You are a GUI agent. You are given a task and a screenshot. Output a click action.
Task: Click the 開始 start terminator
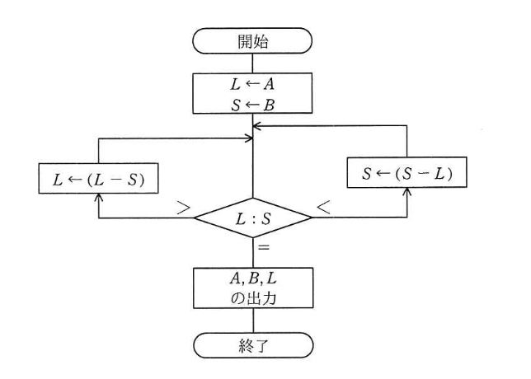coord(252,41)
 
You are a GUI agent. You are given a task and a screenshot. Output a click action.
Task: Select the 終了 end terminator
coord(253,345)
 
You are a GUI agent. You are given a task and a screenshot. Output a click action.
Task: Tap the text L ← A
coord(252,84)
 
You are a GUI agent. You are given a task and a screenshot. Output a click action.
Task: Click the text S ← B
coord(252,105)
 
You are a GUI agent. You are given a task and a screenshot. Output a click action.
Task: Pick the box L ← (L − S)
coord(98,178)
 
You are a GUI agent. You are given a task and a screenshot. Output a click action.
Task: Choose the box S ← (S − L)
coord(406,172)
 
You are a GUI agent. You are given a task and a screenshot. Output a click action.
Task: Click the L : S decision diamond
coord(252,218)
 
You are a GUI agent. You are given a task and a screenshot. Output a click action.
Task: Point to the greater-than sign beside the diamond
coord(183,208)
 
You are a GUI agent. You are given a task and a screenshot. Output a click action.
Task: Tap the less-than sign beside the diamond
coord(323,207)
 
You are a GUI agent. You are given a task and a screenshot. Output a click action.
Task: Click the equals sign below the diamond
coord(264,247)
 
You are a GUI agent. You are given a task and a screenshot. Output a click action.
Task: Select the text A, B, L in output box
coord(253,278)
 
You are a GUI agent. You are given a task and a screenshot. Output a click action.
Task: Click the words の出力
coord(253,298)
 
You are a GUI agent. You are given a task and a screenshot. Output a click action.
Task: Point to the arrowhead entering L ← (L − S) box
coord(99,197)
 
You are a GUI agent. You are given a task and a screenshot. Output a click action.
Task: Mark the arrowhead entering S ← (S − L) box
coord(406,191)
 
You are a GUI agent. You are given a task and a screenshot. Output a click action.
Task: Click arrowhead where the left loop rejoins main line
coord(250,138)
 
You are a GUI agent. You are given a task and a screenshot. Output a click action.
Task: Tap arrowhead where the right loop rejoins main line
coord(256,126)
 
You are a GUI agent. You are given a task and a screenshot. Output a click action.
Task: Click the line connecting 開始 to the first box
coord(252,63)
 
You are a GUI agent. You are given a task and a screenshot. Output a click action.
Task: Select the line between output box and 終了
coord(253,321)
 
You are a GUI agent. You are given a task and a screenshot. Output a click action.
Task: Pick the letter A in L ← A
coord(269,84)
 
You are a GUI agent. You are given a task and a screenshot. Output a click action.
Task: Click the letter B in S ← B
coord(269,105)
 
